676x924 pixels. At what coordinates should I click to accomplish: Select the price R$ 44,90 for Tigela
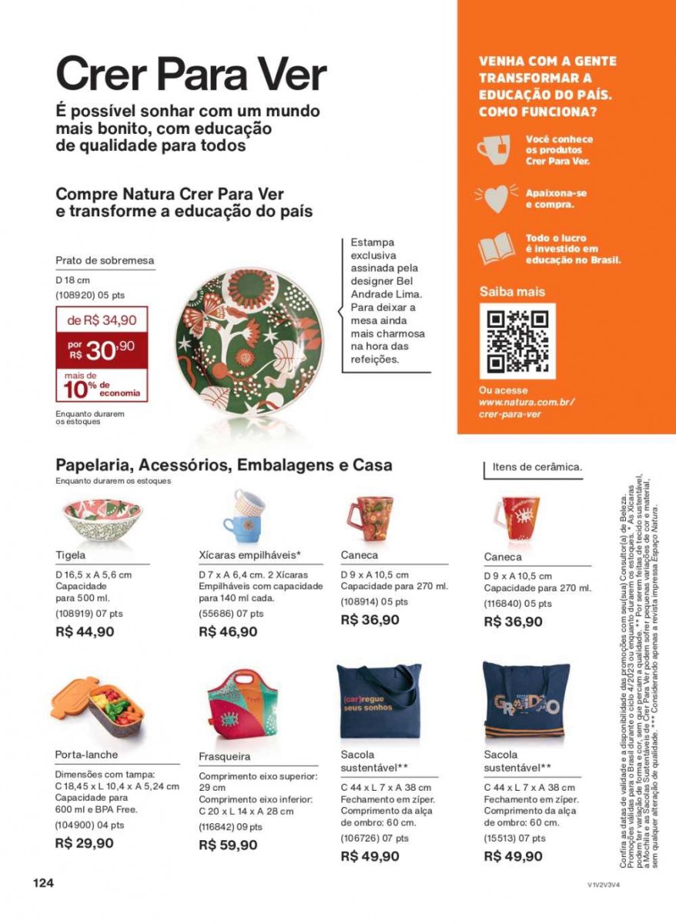(85, 631)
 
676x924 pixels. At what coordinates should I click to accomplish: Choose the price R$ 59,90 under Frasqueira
(228, 845)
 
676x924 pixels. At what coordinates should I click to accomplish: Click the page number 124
(43, 883)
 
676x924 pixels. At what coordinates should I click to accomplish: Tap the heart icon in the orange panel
(496, 197)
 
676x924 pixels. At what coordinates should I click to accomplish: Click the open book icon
(496, 249)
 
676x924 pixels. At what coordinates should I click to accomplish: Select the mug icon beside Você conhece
(494, 149)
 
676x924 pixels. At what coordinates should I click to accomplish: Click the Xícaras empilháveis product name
(249, 554)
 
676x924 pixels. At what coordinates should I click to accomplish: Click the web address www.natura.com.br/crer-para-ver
(526, 408)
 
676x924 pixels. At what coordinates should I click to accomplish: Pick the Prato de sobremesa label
(105, 260)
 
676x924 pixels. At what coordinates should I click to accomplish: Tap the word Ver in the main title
(289, 75)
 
